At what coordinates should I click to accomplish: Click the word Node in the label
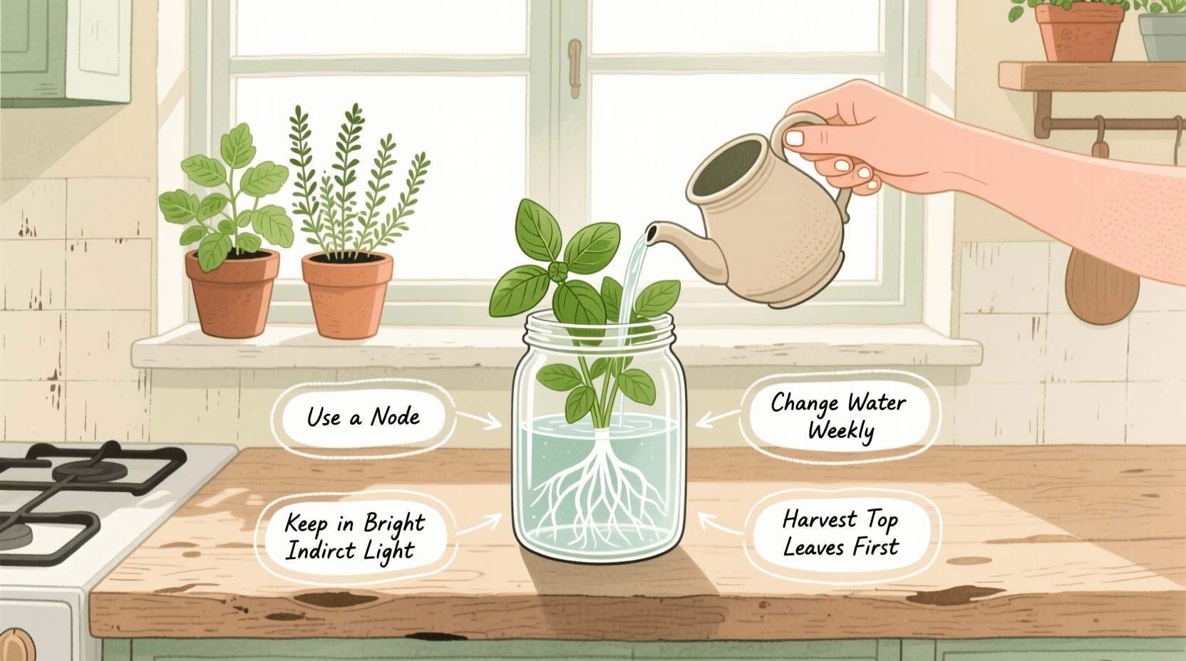tap(396, 417)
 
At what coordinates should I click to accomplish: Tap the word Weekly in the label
tap(841, 431)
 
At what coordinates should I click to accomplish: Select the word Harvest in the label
tap(820, 519)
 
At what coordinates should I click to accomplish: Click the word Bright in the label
tap(394, 524)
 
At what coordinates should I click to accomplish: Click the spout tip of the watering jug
tap(651, 231)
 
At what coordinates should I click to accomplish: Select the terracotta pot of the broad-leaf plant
tap(232, 292)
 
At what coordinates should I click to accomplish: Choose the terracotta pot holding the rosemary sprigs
tap(347, 293)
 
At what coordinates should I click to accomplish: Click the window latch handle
tap(574, 68)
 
